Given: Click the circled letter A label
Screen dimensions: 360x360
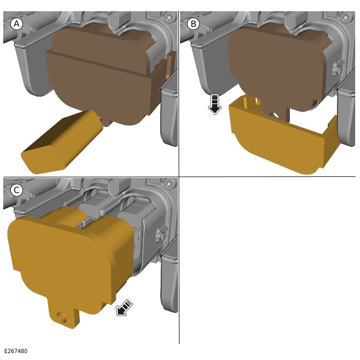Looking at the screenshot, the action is tap(17, 24).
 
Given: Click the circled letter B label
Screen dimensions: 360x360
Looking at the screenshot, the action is tap(193, 24).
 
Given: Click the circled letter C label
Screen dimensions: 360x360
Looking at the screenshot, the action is tap(17, 190).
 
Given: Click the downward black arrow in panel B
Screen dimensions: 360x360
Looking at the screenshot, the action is tap(215, 104).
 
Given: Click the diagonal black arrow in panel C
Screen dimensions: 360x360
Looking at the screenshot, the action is tap(125, 308).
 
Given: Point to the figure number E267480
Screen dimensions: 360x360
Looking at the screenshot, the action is tap(16, 351).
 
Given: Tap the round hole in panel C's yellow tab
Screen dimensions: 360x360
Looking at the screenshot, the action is tap(62, 318).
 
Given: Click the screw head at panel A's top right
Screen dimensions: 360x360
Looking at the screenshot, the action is tap(169, 18).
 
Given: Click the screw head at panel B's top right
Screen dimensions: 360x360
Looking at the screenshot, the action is tap(346, 18).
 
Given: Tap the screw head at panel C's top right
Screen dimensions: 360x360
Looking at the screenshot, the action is tap(169, 184).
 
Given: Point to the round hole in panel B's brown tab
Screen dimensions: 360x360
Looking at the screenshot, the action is tap(275, 115).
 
